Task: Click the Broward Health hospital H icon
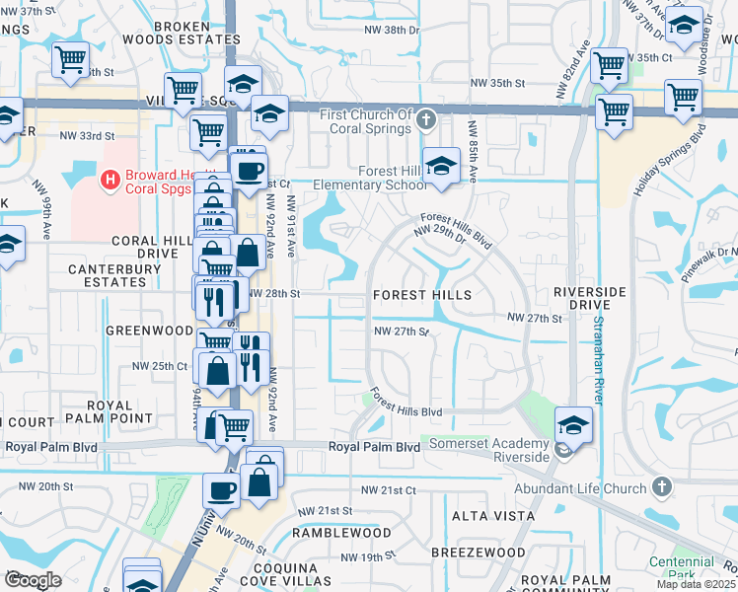[111, 180]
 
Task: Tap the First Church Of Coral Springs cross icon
[426, 120]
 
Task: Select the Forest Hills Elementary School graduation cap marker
[441, 166]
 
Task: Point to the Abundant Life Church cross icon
[662, 487]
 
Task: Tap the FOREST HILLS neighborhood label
[421, 295]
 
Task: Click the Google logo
[32, 580]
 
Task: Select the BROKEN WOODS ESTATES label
[181, 33]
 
